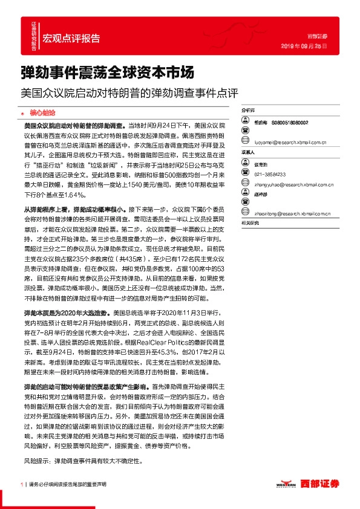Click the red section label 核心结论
point(42,112)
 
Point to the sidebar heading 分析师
point(248,111)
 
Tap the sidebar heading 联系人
point(248,153)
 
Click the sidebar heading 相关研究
point(250,223)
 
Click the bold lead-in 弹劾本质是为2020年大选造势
point(67,315)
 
